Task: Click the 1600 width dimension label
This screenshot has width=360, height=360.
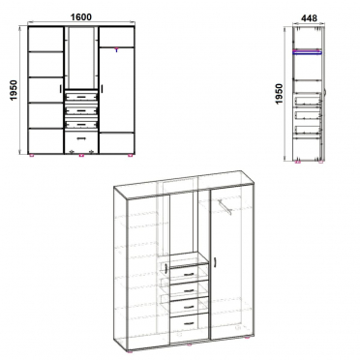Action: point(80,16)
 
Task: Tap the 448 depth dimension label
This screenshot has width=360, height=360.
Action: point(309,18)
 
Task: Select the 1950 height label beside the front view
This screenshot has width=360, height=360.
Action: point(15,90)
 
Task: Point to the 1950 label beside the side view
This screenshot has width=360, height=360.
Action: point(279,94)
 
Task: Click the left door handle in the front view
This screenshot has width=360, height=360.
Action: point(61,89)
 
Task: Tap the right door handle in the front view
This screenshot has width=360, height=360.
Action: point(102,89)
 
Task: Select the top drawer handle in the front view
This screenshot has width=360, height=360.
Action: point(81,97)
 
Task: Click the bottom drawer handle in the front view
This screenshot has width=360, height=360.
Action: point(81,138)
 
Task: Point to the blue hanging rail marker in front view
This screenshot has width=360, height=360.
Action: point(116,49)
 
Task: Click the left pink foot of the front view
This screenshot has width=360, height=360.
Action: point(32,156)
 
